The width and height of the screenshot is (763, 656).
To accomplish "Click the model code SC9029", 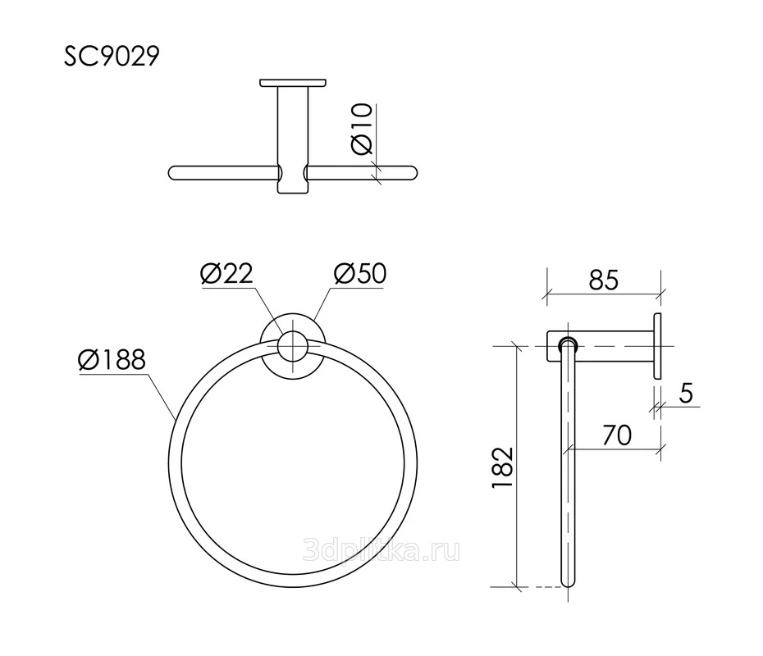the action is click(x=112, y=56).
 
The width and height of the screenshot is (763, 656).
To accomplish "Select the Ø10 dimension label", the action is click(x=362, y=129).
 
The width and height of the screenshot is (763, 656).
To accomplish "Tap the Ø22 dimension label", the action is click(x=226, y=274).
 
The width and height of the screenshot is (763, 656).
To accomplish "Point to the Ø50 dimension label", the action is click(x=360, y=273).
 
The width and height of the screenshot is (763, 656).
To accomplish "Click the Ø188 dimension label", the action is click(x=112, y=360).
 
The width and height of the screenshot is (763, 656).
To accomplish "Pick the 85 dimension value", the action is click(x=603, y=280).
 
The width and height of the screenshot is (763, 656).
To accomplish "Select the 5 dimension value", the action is click(x=686, y=392).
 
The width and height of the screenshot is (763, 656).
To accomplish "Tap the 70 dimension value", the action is click(x=617, y=435).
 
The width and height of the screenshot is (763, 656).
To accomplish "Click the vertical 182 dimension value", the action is click(x=503, y=467).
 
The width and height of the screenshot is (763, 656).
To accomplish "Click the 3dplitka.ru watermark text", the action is click(x=381, y=551).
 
